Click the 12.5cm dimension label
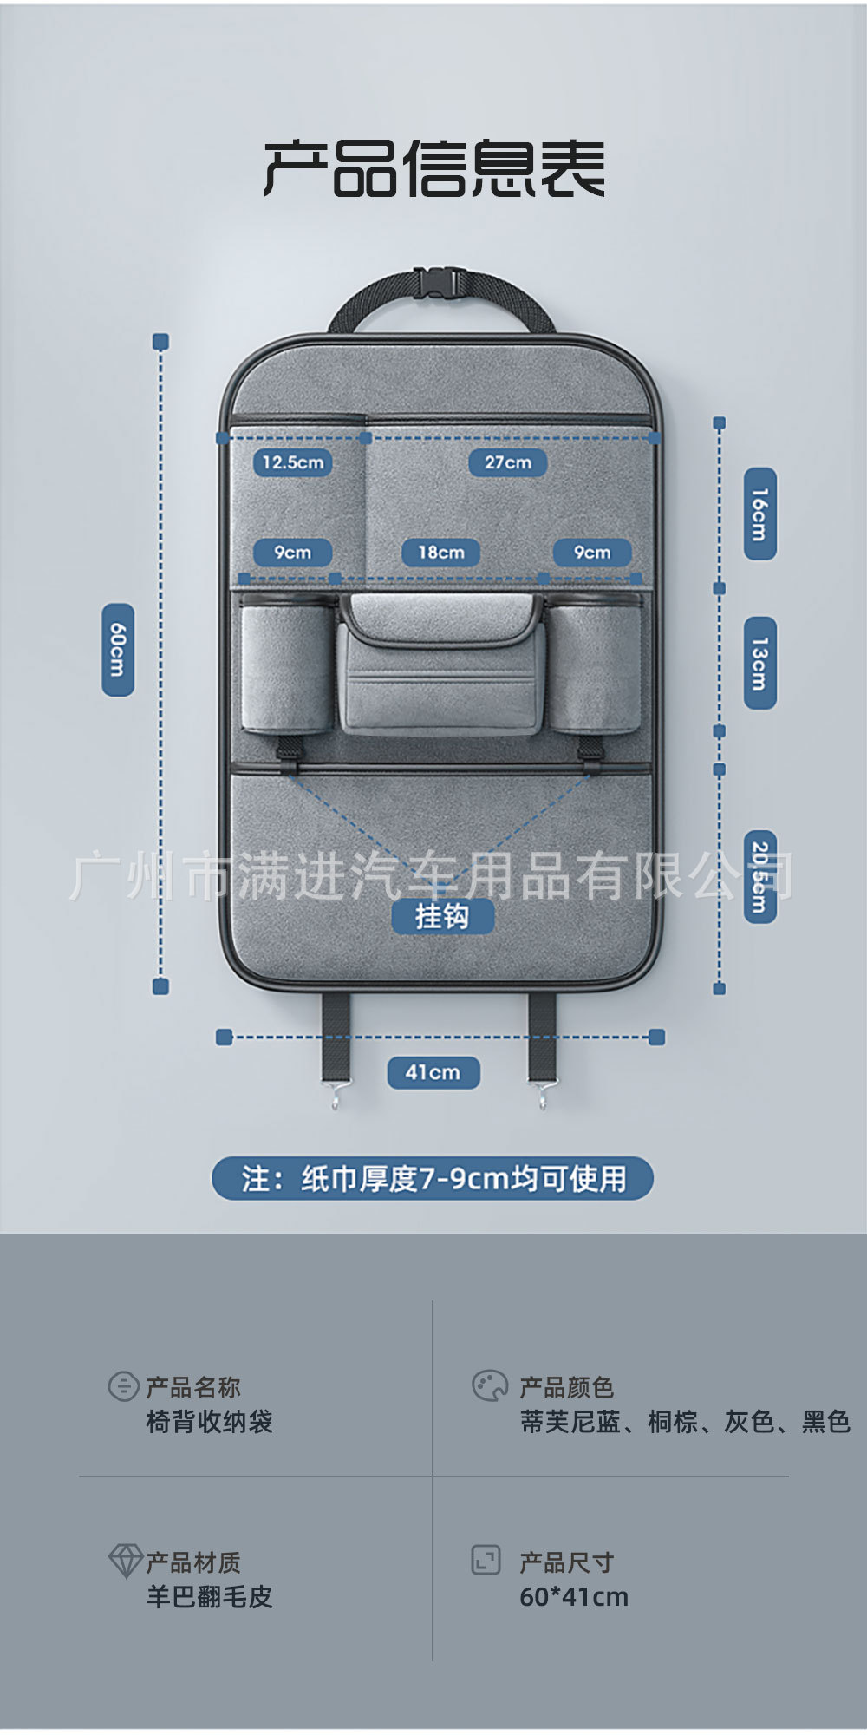[x=292, y=462]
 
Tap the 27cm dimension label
[x=507, y=462]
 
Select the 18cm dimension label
[x=440, y=553]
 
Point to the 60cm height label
[x=118, y=650]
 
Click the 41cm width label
[x=433, y=1072]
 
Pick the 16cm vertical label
[x=759, y=514]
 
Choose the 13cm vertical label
[x=759, y=664]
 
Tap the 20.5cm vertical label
[x=759, y=876]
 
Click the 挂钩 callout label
[x=442, y=916]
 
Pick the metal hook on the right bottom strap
[x=541, y=1097]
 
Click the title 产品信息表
[x=433, y=168]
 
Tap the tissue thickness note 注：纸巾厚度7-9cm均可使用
[x=433, y=1179]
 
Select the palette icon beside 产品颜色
[x=489, y=1386]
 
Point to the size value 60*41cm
[x=574, y=1597]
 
